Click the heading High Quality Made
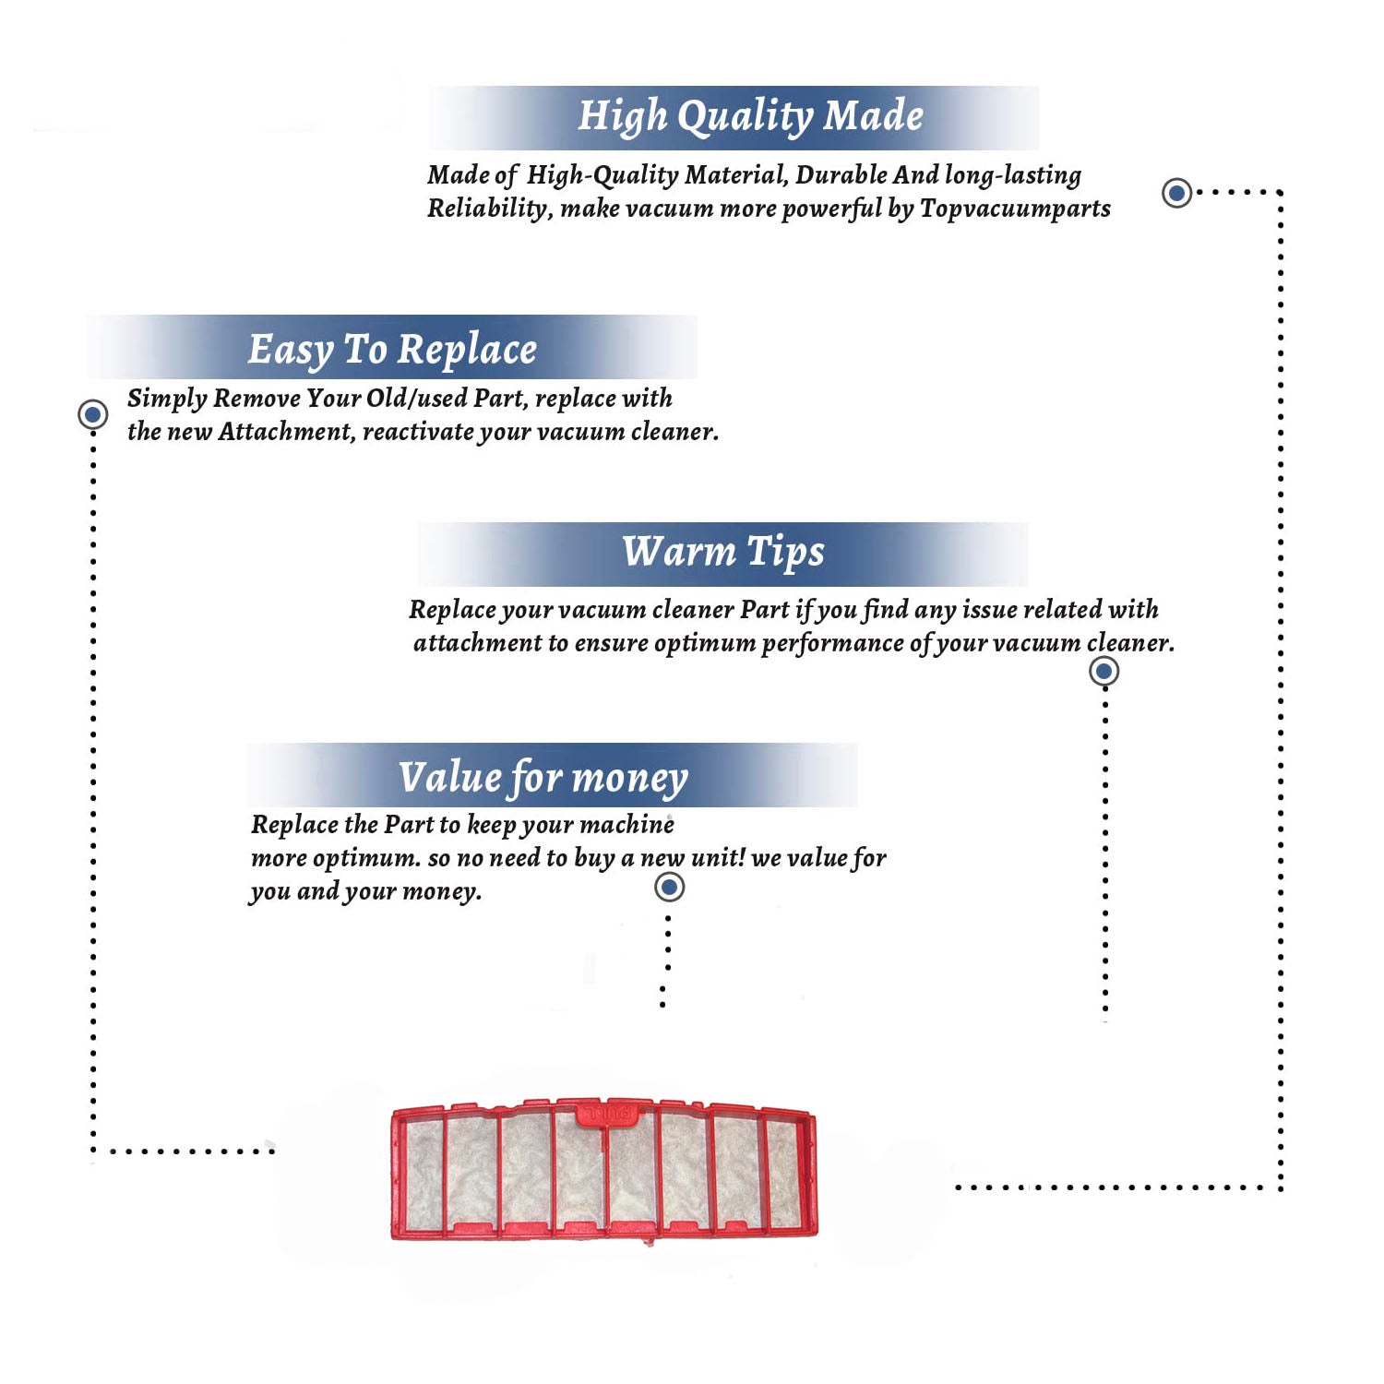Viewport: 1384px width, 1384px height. pyautogui.click(x=750, y=117)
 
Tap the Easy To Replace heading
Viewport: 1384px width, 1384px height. pyautogui.click(x=392, y=350)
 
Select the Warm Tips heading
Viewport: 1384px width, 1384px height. pyautogui.click(x=722, y=552)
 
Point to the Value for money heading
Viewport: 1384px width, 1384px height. pyautogui.click(x=543, y=777)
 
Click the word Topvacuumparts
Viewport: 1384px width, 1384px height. pyautogui.click(x=1015, y=209)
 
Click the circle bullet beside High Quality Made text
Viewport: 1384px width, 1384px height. pyautogui.click(x=1176, y=193)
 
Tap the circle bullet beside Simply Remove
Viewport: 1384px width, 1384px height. pyautogui.click(x=92, y=414)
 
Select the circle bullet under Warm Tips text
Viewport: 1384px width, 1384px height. pyautogui.click(x=1104, y=671)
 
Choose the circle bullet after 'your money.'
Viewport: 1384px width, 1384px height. pyautogui.click(x=669, y=888)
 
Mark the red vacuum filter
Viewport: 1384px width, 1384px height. pyautogui.click(x=604, y=1170)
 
